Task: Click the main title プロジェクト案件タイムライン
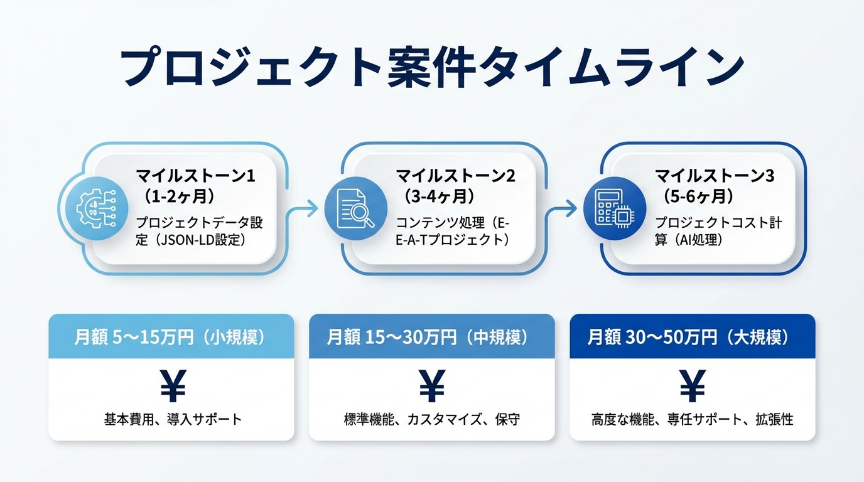pos(432,65)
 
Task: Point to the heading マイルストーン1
pos(195,176)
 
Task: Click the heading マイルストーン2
pos(455,176)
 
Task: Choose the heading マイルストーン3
pos(715,176)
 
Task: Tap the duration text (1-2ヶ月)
pos(180,196)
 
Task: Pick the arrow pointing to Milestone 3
pos(567,208)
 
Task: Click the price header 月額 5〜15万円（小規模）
pos(171,338)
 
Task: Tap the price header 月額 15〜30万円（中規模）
pos(431,338)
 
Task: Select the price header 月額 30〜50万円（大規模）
pos(692,338)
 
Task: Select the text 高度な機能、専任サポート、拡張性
pos(692,419)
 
